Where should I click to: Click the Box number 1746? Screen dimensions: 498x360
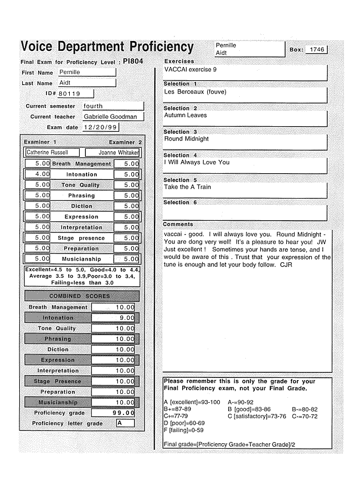[x=317, y=49]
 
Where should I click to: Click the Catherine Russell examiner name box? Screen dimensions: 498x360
[x=53, y=153]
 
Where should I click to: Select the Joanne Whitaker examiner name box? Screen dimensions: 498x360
[x=119, y=153]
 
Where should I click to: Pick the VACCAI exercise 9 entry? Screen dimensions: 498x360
[x=191, y=70]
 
